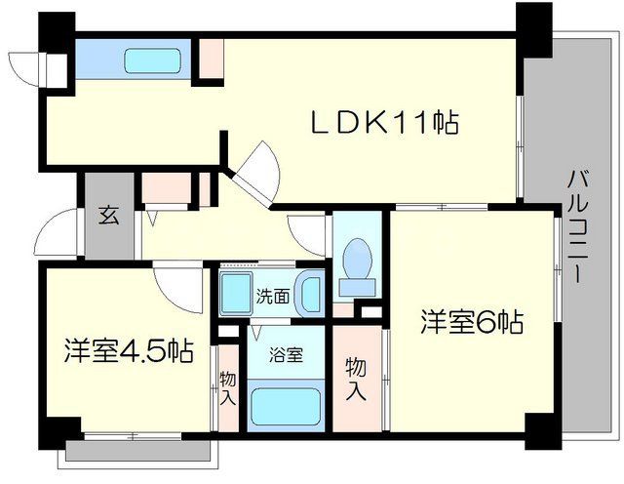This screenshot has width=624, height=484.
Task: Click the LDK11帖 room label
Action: pos(384,124)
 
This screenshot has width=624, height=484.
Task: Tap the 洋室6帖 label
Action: pos(473,321)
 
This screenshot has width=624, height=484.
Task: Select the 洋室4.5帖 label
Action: pos(128,348)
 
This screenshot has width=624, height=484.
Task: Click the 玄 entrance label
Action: pos(107,217)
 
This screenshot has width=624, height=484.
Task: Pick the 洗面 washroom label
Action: pos(272,296)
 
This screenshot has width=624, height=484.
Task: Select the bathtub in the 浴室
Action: pos(287,406)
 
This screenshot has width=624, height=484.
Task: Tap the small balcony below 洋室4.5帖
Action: pos(137,451)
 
